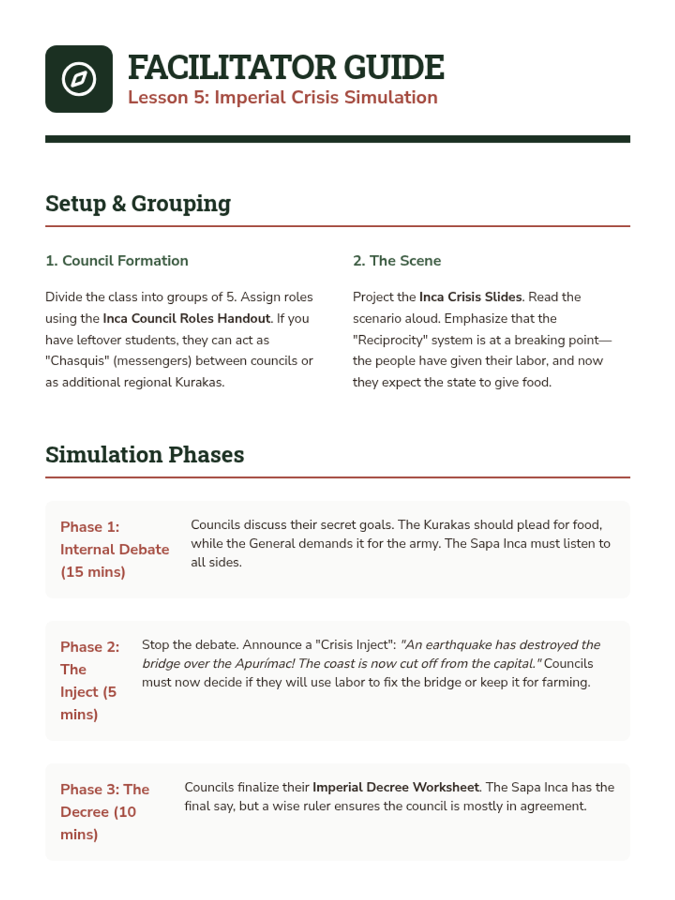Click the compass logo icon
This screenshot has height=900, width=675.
click(79, 79)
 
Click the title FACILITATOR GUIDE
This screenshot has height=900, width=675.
click(286, 67)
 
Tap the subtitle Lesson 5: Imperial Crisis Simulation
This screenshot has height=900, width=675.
click(282, 97)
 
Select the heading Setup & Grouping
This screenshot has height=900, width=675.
click(138, 204)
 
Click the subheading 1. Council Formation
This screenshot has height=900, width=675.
click(117, 260)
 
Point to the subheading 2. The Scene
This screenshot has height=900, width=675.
click(397, 260)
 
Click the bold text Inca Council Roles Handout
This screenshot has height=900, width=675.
click(186, 318)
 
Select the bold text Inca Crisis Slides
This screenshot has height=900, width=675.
click(470, 296)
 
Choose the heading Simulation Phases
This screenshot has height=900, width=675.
click(145, 454)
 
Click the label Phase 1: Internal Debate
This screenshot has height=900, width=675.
click(114, 549)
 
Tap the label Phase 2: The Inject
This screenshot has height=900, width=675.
click(89, 680)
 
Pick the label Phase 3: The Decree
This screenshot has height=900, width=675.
click(105, 811)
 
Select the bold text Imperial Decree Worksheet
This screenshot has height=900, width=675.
click(395, 787)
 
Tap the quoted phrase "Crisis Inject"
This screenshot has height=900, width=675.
click(355, 645)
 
